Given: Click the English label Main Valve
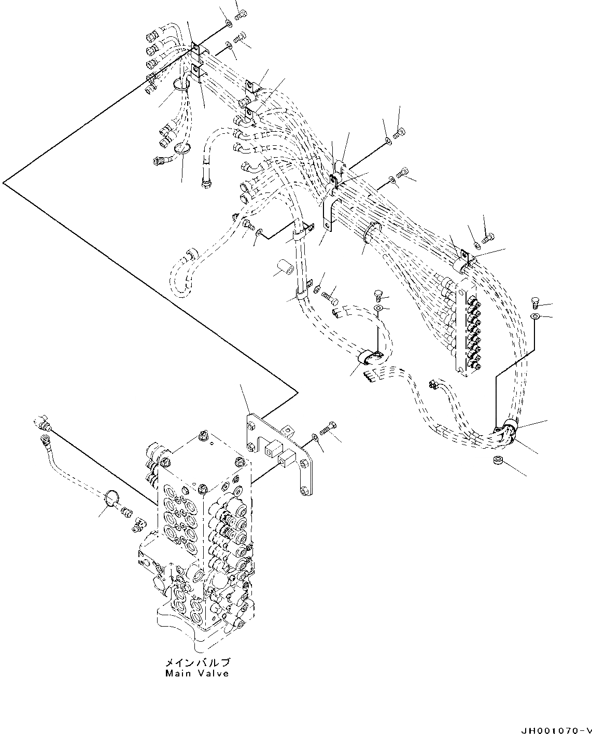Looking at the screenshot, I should point(197,673).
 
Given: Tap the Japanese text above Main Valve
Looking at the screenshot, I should point(198,663).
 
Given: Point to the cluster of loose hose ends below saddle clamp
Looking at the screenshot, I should point(373,373).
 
